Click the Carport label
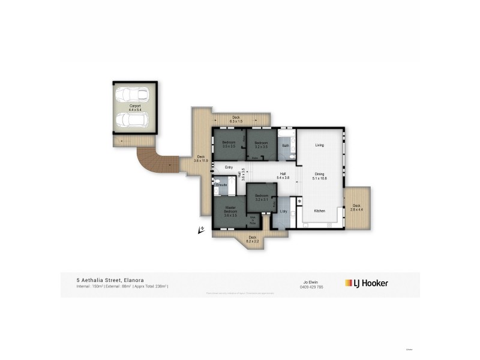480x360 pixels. tap(134, 107)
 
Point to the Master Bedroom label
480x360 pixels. tap(230, 211)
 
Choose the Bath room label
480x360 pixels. tap(286, 145)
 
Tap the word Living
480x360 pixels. tap(320, 145)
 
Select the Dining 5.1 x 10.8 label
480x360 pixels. tap(320, 176)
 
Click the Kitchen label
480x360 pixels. tap(320, 211)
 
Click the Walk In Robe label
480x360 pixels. tap(253, 220)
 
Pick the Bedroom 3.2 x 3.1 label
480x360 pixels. tap(260, 199)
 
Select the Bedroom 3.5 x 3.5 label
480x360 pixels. tap(229, 145)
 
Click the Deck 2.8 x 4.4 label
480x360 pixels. tap(356, 208)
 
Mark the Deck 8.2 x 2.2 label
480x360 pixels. tap(253, 239)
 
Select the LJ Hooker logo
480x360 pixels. tap(366, 283)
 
